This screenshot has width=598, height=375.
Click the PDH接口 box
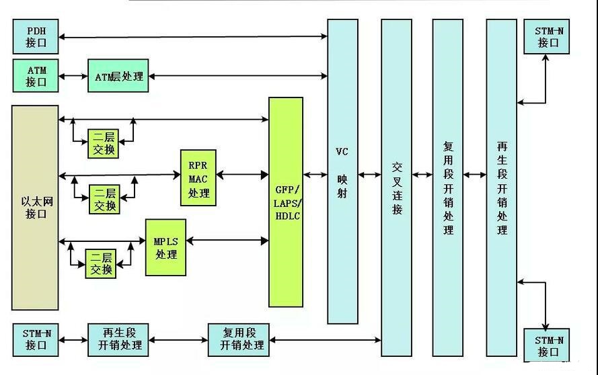pos(36,36)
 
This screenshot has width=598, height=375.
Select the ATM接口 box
pos(36,76)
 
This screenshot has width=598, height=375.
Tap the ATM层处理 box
pos(118,76)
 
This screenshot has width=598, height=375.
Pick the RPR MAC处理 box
pos(198,177)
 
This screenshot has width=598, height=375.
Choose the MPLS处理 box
pos(165,247)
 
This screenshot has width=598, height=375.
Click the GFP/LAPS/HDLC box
pos(286,202)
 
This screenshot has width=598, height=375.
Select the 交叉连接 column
pos(396,188)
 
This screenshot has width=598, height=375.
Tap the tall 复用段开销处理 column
pos(448,188)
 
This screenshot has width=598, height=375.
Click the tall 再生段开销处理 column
pos(501,188)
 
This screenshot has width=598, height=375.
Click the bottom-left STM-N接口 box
pos(36,339)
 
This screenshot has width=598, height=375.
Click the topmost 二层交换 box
pos(104,142)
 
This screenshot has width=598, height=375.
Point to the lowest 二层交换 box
pos(102,263)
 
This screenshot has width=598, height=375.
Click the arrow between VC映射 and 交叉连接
pos(369,175)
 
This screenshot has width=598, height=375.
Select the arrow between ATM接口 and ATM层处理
pos(73,77)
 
